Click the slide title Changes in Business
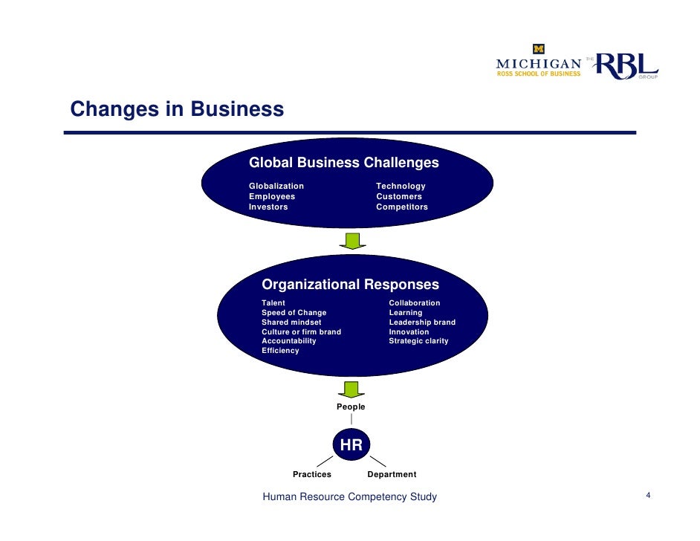tap(177, 109)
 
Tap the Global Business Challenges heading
tap(343, 163)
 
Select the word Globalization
tap(276, 186)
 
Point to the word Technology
tap(401, 186)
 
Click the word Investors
tap(268, 207)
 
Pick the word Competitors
tap(402, 207)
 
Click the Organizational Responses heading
tap(350, 285)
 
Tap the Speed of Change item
tap(294, 313)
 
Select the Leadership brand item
tap(422, 323)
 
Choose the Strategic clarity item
tap(418, 341)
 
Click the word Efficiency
tap(280, 351)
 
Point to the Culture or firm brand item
tap(301, 332)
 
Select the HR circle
tap(351, 446)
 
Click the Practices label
tap(312, 474)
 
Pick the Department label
tap(392, 474)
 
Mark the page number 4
tap(649, 496)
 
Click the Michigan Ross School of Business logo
tap(539, 62)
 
